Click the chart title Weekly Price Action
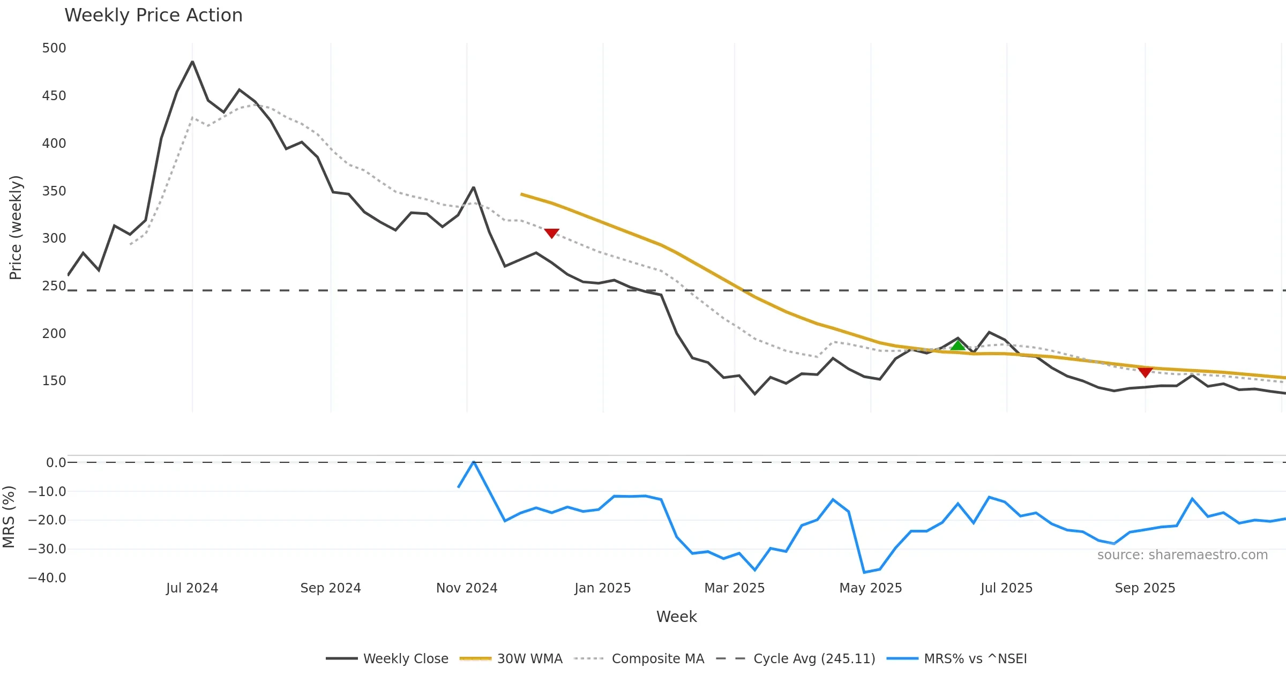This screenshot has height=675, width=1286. click(x=153, y=16)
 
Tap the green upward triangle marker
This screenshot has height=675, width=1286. click(x=958, y=346)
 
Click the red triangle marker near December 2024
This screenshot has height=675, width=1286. click(x=551, y=233)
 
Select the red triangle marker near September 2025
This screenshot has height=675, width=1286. click(x=1145, y=372)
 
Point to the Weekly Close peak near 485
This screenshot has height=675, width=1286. click(x=192, y=62)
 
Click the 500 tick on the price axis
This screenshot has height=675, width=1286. click(x=54, y=48)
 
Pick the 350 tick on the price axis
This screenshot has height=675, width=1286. click(x=54, y=191)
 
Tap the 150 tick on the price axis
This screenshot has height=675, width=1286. click(x=54, y=381)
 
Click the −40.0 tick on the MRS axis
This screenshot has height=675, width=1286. click(x=47, y=578)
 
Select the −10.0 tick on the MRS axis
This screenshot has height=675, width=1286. click(x=47, y=492)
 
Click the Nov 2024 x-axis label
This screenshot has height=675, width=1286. click(x=467, y=588)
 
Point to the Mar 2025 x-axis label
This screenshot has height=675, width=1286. click(x=734, y=588)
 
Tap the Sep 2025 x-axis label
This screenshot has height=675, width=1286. click(x=1145, y=588)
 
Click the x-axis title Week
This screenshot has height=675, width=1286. click(x=676, y=617)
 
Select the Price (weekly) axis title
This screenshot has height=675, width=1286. click(x=16, y=228)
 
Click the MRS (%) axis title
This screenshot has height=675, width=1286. click(x=9, y=517)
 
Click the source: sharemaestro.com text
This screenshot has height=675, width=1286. click(x=1182, y=555)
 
